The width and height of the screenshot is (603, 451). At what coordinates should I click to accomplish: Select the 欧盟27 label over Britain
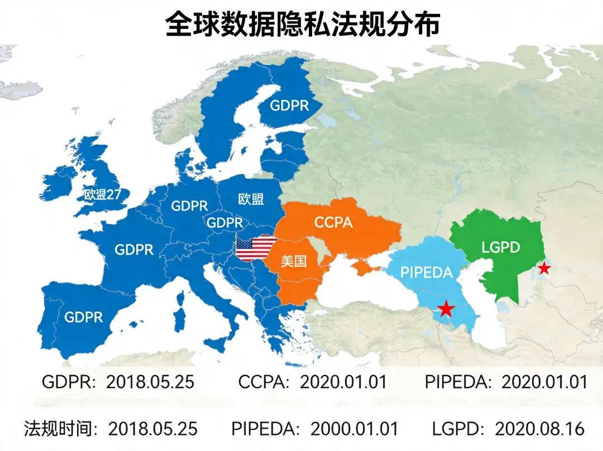pyautogui.click(x=107, y=194)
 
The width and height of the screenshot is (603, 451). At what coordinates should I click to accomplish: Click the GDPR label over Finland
pyautogui.click(x=289, y=105)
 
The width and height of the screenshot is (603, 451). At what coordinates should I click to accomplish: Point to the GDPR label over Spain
pyautogui.click(x=84, y=317)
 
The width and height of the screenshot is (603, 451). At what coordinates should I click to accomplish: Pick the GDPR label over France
pyautogui.click(x=134, y=249)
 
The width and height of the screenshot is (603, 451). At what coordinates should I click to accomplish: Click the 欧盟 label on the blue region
pyautogui.click(x=251, y=199)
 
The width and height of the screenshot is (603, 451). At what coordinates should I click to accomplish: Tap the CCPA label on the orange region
pyautogui.click(x=333, y=222)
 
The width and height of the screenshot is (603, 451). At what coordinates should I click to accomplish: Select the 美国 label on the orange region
pyautogui.click(x=294, y=261)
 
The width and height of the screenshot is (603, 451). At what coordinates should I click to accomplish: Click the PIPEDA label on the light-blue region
pyautogui.click(x=427, y=272)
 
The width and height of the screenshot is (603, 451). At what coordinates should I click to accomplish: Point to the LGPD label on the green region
pyautogui.click(x=500, y=247)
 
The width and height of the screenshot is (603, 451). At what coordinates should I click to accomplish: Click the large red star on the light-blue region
pyautogui.click(x=445, y=309)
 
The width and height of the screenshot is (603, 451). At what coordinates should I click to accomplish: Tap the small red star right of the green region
pyautogui.click(x=544, y=269)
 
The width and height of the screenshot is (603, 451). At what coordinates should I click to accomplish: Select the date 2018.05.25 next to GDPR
pyautogui.click(x=150, y=382)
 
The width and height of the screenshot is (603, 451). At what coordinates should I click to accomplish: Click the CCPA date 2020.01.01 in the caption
pyautogui.click(x=343, y=382)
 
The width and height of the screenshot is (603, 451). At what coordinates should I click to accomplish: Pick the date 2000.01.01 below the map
pyautogui.click(x=355, y=429)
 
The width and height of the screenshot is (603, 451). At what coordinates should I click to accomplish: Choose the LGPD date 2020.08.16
pyautogui.click(x=540, y=429)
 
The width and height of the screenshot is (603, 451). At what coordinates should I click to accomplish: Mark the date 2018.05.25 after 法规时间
pyautogui.click(x=153, y=429)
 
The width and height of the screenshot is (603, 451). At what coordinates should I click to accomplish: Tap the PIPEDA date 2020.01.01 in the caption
pyautogui.click(x=544, y=382)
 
